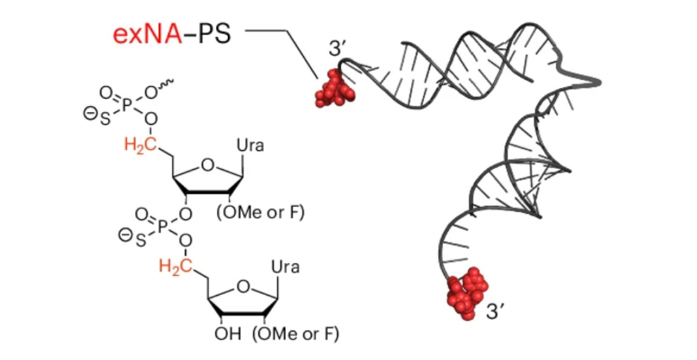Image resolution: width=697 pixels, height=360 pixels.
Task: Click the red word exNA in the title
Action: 147,34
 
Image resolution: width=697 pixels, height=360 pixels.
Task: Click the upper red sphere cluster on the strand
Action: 334,89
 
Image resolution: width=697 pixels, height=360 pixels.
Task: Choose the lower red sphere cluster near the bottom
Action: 466,292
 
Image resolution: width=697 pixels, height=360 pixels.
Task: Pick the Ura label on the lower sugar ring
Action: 285,267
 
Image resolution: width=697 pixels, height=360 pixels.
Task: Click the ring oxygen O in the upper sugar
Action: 207,165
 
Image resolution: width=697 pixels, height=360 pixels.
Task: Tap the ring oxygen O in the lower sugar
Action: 243,285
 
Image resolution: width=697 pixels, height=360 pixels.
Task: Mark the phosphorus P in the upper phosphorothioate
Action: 127,105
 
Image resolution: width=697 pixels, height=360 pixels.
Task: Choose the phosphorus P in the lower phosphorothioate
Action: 162,226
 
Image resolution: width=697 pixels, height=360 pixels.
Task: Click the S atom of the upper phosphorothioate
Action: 105,121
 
